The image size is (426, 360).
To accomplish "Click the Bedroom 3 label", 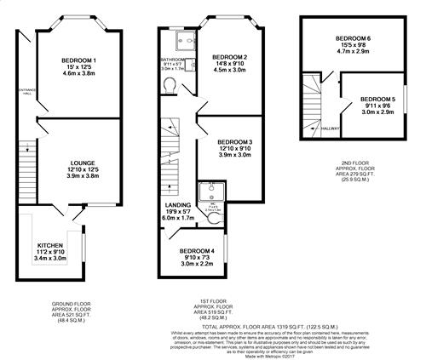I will [x=234, y=141].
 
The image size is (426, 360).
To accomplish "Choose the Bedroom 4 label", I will [x=196, y=251].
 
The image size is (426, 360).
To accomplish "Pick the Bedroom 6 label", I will [x=352, y=39].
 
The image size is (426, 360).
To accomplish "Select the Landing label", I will [x=178, y=205].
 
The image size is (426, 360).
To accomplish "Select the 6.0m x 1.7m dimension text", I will [x=178, y=219].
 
